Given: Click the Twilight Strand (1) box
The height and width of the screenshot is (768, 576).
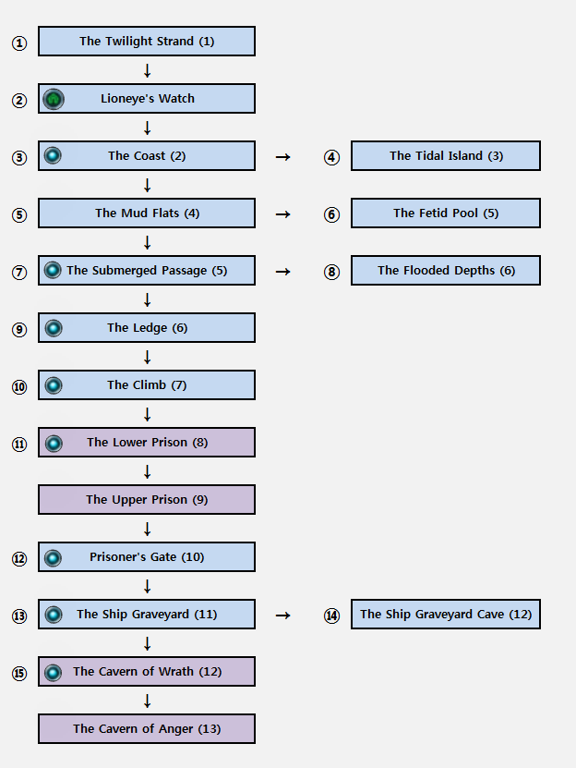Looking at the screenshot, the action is click(147, 42).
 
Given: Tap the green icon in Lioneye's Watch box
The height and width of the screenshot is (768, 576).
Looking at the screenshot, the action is click(54, 99).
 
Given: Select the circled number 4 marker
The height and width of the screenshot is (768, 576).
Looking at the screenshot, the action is click(331, 157).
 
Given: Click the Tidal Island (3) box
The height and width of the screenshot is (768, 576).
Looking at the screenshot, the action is click(446, 156).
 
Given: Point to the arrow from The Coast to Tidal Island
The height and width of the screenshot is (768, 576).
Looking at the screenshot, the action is click(283, 157).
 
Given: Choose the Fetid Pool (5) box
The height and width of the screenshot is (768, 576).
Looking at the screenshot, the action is click(446, 213).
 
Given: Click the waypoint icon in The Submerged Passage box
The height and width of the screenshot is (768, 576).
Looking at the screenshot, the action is click(53, 271).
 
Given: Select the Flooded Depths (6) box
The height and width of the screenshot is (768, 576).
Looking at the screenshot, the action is click(446, 271).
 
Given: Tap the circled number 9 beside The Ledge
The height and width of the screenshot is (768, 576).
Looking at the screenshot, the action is click(19, 329).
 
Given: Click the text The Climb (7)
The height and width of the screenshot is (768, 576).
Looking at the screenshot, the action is click(147, 385).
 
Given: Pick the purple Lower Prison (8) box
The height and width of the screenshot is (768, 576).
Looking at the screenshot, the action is click(147, 443).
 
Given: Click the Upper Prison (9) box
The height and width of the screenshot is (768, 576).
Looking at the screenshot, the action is click(147, 500).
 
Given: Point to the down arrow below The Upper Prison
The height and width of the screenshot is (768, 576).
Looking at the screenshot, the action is click(147, 529).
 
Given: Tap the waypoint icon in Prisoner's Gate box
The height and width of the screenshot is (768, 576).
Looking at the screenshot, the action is click(53, 558).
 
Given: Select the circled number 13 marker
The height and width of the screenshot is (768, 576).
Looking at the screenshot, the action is click(19, 616).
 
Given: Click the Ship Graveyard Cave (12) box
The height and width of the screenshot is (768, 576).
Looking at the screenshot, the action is click(446, 615).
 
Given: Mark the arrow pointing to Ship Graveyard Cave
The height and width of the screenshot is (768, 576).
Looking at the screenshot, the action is click(283, 616).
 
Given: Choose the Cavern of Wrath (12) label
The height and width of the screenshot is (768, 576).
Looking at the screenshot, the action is click(148, 672).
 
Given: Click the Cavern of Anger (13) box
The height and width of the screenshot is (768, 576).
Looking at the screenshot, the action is click(147, 729).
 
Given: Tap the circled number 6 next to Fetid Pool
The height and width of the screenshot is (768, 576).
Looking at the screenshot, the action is click(331, 214).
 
